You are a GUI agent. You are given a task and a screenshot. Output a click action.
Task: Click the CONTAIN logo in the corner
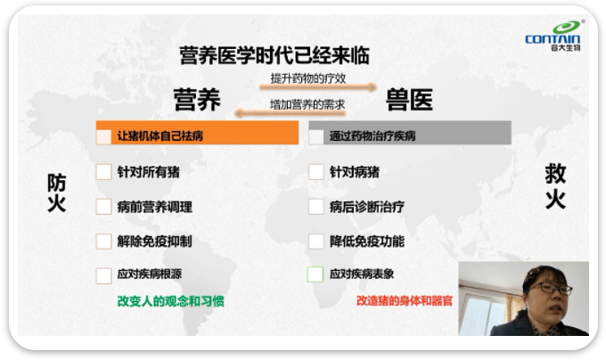pyautogui.click(x=553, y=36)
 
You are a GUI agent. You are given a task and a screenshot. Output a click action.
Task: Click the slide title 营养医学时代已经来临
pyautogui.click(x=274, y=55)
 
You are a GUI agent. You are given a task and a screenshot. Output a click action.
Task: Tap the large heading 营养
pyautogui.click(x=197, y=99)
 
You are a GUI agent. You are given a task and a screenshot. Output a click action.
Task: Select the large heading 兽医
pyautogui.click(x=409, y=99)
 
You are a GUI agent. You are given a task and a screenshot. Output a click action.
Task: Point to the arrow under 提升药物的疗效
pyautogui.click(x=317, y=87)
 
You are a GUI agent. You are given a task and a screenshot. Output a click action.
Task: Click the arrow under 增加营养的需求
pyautogui.click(x=290, y=113)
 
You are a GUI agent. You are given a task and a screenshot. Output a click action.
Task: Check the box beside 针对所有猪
pyautogui.click(x=103, y=172)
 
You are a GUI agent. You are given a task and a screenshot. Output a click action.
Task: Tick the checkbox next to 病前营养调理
pyautogui.click(x=103, y=207)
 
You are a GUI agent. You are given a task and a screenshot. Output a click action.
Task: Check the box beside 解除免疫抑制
pyautogui.click(x=103, y=241)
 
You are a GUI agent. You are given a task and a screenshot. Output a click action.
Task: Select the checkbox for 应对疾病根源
pyautogui.click(x=103, y=276)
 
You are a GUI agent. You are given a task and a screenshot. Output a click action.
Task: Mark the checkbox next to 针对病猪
pyautogui.click(x=315, y=172)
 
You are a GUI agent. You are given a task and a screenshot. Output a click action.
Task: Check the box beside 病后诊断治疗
pyautogui.click(x=315, y=207)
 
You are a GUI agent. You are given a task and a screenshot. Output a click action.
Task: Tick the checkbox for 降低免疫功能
pyautogui.click(x=315, y=241)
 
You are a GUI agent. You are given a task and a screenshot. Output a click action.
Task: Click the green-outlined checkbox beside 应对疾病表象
pyautogui.click(x=315, y=274)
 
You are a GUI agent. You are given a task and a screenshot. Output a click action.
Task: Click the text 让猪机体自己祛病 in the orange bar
pyautogui.click(x=160, y=136)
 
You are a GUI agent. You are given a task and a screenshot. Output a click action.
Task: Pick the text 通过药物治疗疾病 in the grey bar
pyautogui.click(x=373, y=136)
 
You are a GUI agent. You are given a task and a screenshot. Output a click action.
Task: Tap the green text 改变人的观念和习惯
pyautogui.click(x=170, y=301)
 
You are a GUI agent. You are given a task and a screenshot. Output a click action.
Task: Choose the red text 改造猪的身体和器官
pyautogui.click(x=404, y=301)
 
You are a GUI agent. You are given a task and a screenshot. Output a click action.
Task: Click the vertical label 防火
pyautogui.click(x=56, y=192)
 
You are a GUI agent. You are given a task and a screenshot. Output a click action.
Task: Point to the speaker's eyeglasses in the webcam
pyautogui.click(x=550, y=288)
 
